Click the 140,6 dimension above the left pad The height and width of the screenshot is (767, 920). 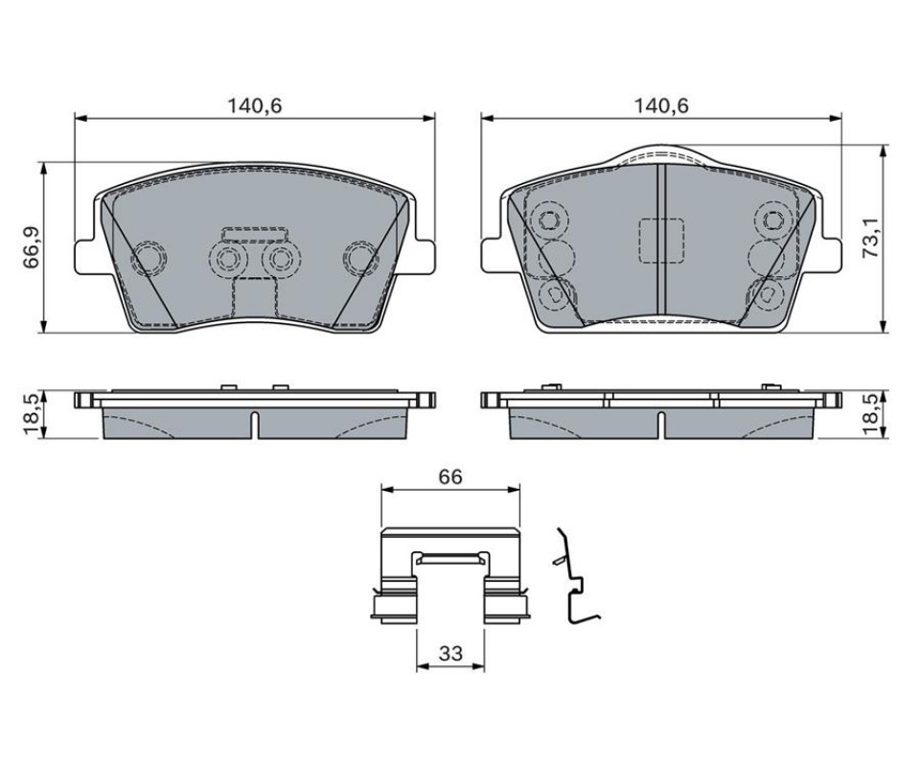coord(255,105)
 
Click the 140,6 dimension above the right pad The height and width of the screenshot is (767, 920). coord(661,105)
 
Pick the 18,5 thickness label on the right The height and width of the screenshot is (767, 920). coord(870,414)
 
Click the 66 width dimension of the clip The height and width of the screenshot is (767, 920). coord(450,476)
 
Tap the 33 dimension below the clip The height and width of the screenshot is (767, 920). coord(450,653)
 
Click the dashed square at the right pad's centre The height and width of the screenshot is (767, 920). coord(661,241)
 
